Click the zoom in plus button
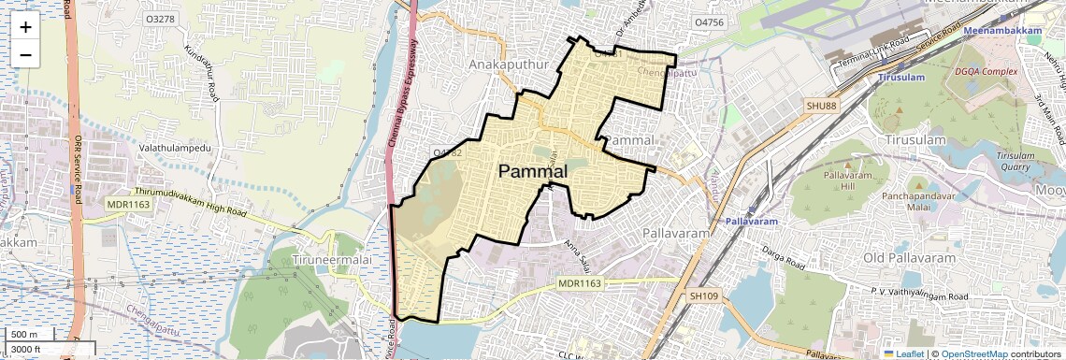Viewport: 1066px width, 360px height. tap(25, 26)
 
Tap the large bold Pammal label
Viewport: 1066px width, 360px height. tap(532, 171)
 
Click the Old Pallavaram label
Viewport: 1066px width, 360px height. tap(909, 257)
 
